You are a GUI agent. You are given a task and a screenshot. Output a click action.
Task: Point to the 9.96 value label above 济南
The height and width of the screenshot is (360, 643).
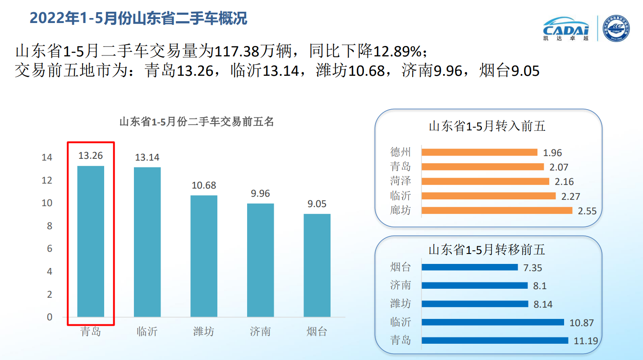tap(260, 194)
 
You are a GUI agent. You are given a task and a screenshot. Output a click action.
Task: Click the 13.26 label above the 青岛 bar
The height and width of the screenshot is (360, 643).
tap(91, 156)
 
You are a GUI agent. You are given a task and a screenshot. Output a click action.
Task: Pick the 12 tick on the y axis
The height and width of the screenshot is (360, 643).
tap(47, 180)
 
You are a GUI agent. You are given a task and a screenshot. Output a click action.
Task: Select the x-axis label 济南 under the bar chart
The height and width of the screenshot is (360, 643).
tap(260, 332)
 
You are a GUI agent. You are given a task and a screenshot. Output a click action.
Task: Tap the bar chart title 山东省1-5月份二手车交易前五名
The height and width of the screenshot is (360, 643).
tap(197, 122)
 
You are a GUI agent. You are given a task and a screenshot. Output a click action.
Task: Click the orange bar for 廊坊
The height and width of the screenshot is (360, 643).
tap(496, 210)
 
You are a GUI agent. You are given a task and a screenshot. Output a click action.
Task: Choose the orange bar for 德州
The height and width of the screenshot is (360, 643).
tap(479, 152)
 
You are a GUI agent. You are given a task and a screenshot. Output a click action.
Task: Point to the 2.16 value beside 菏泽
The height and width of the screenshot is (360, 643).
tap(564, 182)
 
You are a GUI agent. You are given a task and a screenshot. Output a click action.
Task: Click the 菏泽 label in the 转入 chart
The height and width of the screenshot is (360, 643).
tap(400, 181)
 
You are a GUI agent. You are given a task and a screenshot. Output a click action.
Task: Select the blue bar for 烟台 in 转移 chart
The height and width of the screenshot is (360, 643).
tap(469, 267)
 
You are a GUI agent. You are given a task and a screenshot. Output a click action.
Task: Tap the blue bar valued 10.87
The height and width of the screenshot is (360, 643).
tap(492, 322)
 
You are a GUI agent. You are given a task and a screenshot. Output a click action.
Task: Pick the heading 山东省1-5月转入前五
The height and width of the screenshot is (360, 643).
tap(487, 126)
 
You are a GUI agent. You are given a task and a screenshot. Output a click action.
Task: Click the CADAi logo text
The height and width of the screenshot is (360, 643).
tap(566, 29)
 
